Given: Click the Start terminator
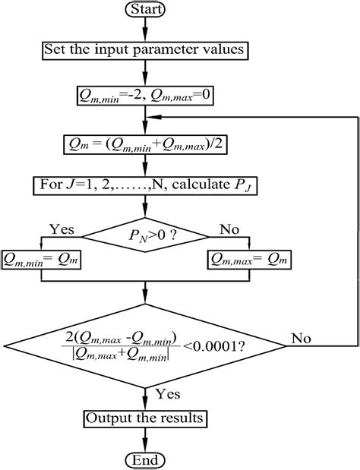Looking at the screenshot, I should click(144, 11).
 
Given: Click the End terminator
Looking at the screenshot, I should click(144, 459).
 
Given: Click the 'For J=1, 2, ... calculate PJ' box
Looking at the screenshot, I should click(144, 185).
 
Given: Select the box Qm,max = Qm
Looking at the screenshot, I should click(245, 260).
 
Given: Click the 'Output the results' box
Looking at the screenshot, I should click(144, 418).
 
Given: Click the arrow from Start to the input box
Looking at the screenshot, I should click(144, 31).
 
